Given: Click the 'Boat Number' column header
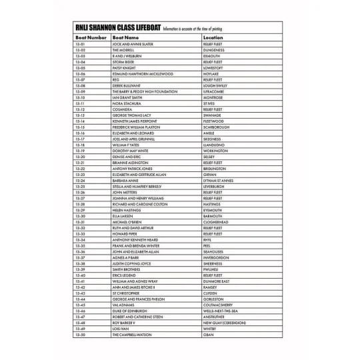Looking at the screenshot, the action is click(x=90, y=38).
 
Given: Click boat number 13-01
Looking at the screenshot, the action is click(x=80, y=44).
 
